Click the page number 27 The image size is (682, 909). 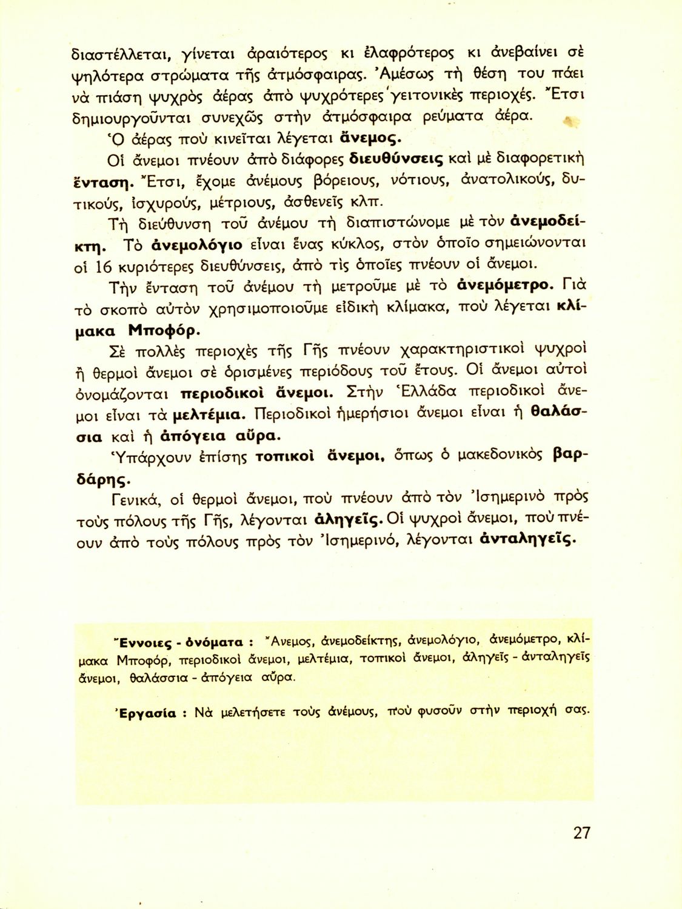click(581, 833)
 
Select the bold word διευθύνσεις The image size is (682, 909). click(397, 159)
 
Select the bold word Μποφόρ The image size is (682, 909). click(164, 331)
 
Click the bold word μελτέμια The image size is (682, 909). click(209, 415)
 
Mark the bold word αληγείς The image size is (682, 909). click(349, 519)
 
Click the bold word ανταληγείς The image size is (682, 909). click(527, 539)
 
